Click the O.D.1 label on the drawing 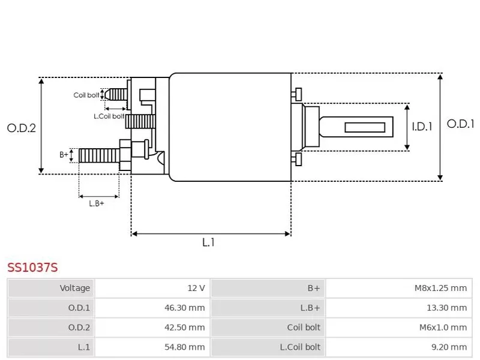(x=460, y=124)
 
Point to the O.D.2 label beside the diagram (x=22, y=128)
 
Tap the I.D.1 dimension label (x=422, y=127)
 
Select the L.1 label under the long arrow (x=208, y=242)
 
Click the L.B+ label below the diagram (x=97, y=203)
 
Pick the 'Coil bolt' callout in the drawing (x=86, y=95)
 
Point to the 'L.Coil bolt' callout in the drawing (x=109, y=116)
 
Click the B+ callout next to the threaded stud (x=64, y=155)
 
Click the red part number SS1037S (x=32, y=268)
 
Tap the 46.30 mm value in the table (x=185, y=308)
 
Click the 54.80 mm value (x=185, y=347)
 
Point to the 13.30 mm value (x=446, y=308)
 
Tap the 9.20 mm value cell (x=449, y=347)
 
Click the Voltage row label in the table (x=74, y=288)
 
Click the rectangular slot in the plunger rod (x=365, y=127)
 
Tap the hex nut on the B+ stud (x=125, y=155)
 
